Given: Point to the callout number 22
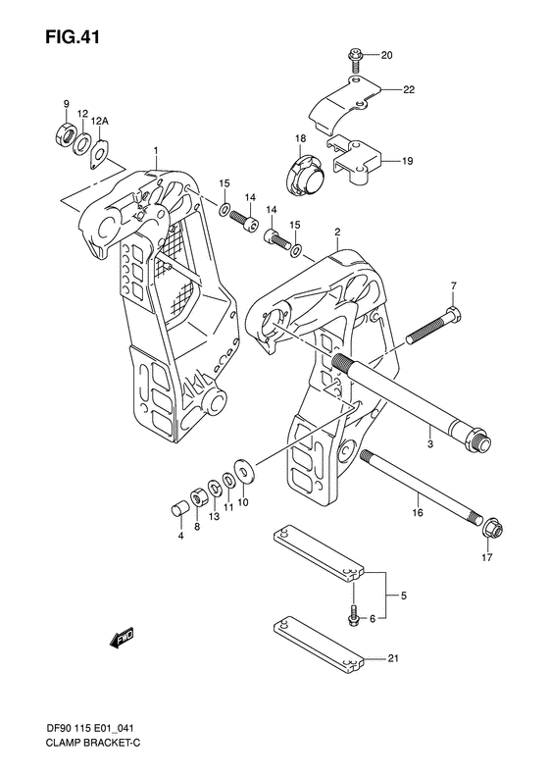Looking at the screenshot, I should (x=407, y=89).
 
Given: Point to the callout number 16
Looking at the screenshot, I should (x=416, y=512).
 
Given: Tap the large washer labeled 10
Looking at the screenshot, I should (x=244, y=469).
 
